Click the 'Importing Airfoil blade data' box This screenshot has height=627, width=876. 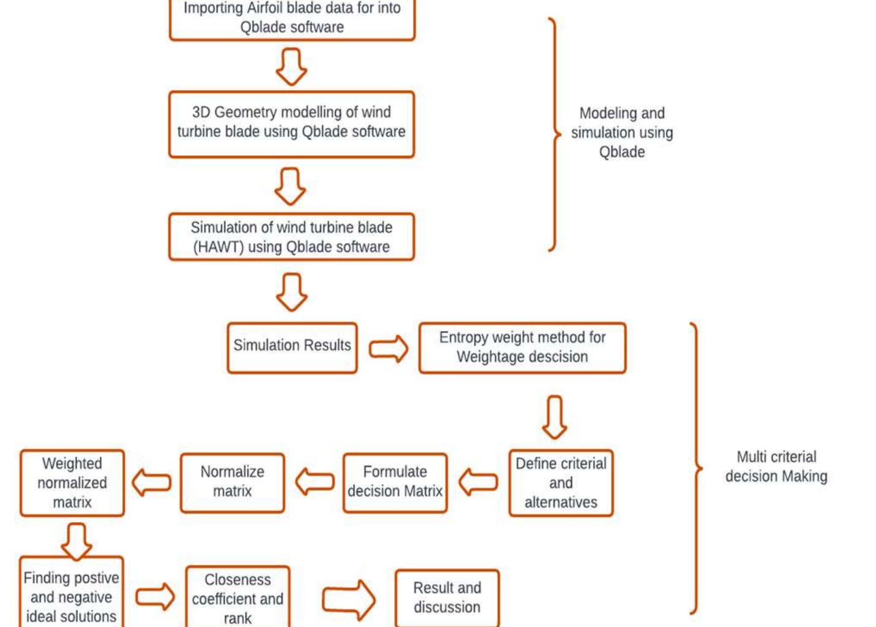click(x=292, y=18)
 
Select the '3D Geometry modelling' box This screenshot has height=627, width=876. click(x=292, y=123)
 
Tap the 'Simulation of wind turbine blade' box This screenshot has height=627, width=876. click(x=292, y=237)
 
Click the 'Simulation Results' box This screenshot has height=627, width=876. click(x=292, y=346)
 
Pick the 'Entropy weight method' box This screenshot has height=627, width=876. click(x=522, y=347)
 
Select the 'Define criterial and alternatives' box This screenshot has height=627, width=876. click(x=560, y=483)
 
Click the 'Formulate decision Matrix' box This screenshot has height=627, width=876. click(x=395, y=482)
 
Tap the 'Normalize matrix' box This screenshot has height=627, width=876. click(x=232, y=482)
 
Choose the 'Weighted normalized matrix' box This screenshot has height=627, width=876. click(x=72, y=483)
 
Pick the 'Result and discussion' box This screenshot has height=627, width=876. click(x=447, y=598)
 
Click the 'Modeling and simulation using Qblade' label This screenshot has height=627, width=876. click(x=622, y=133)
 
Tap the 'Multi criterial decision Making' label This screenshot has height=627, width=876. click(x=776, y=466)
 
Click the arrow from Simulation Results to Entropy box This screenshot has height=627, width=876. click(x=389, y=349)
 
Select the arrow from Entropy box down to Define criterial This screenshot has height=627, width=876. click(x=554, y=417)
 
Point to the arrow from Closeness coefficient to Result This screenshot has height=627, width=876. click(x=348, y=599)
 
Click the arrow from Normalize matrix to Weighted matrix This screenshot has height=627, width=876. click(x=152, y=482)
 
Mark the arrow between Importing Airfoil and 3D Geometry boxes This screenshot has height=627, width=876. click(x=291, y=66)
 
